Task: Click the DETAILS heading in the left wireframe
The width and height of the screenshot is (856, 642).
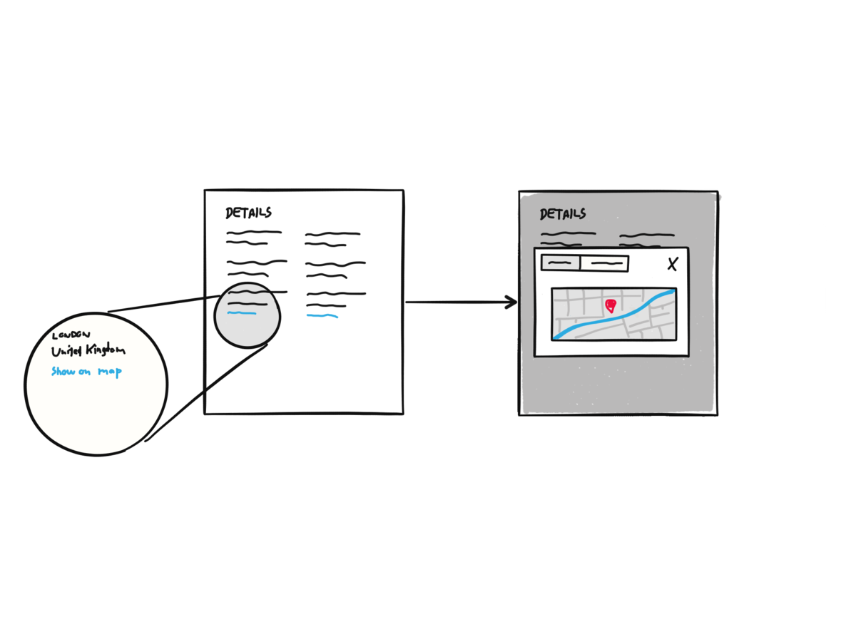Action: point(248,213)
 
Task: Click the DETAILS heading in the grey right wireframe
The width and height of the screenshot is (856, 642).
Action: point(563,214)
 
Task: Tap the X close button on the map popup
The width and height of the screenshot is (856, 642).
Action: point(672,265)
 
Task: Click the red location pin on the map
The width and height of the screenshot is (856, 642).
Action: point(611,306)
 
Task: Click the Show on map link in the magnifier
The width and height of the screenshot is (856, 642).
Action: point(86,372)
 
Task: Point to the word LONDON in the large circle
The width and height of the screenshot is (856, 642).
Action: point(71,335)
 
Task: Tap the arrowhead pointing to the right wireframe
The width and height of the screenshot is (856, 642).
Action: point(511,302)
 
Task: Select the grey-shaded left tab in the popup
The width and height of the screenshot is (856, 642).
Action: point(561,263)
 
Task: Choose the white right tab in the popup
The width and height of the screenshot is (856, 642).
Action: point(604,263)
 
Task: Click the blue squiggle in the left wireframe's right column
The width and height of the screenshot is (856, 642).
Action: point(322,315)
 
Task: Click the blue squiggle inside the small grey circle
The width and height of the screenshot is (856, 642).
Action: point(241,313)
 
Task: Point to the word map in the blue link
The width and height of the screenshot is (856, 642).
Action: point(110,372)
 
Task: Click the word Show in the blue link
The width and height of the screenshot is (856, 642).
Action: point(63,372)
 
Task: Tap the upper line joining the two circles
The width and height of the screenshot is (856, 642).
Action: point(164,304)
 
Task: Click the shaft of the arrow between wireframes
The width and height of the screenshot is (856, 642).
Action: point(457,302)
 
